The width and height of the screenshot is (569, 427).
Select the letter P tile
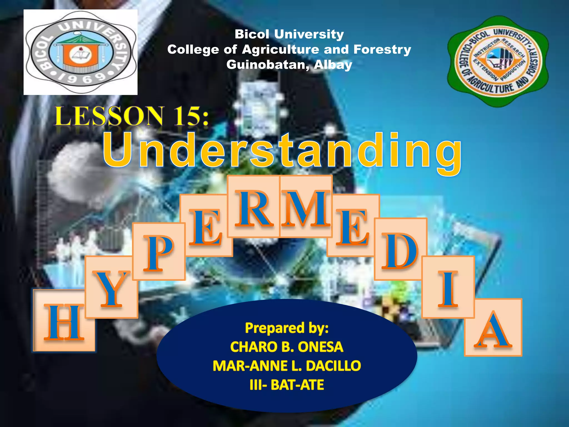(x=159, y=252)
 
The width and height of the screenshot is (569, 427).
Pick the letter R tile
(x=253, y=207)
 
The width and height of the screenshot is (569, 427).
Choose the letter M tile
(x=306, y=207)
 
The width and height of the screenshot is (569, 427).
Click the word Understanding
(x=282, y=152)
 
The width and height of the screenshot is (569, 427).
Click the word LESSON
(x=109, y=116)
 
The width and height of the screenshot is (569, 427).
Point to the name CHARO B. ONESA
(x=287, y=347)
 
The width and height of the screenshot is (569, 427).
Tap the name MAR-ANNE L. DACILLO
(x=287, y=366)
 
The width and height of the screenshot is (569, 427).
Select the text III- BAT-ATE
(x=287, y=385)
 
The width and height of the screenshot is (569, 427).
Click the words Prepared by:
(x=287, y=328)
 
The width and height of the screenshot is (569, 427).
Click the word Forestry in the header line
(x=382, y=49)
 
